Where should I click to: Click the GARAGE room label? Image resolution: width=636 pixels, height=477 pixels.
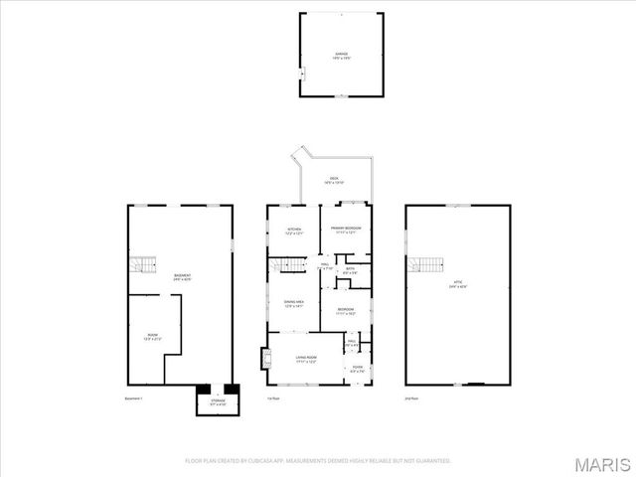pyautogui.click(x=342, y=55)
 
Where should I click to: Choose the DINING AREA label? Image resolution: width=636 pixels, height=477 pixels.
pyautogui.click(x=294, y=303)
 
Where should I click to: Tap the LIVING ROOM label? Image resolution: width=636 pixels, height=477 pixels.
pyautogui.click(x=305, y=360)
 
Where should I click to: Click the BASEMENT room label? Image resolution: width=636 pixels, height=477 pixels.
pyautogui.click(x=182, y=277)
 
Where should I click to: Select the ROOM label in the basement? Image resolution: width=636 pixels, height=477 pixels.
pyautogui.click(x=153, y=337)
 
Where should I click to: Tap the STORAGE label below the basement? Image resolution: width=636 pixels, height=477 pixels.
pyautogui.click(x=218, y=402)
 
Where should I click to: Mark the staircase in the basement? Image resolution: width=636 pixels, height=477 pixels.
pyautogui.click(x=145, y=264)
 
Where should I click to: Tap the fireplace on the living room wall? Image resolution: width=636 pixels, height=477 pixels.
pyautogui.click(x=264, y=358)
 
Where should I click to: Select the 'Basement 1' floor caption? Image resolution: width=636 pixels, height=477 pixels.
pyautogui.click(x=134, y=398)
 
